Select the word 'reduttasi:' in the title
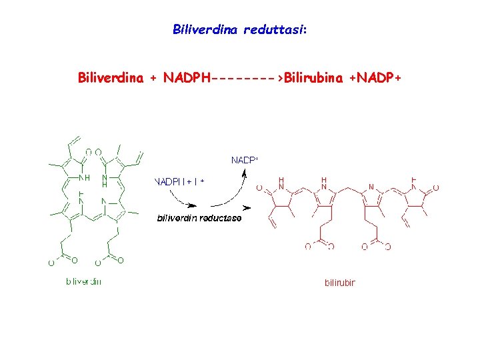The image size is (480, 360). coord(275,29)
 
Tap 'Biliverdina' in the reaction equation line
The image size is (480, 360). coord(111,78)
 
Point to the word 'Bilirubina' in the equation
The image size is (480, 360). coord(314,78)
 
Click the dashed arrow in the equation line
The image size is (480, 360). coord(247,78)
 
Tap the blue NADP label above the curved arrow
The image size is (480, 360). coord(244,160)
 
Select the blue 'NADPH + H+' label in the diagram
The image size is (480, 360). coord(179,181)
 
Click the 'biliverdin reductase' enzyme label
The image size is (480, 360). coord(199,217)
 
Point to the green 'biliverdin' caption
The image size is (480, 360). coord(83,281)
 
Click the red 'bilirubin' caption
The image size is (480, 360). coord(340,283)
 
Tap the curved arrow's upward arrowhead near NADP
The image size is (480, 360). coord(245,172)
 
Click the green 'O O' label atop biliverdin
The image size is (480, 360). coord(93,152)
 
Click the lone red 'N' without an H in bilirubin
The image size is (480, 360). coord(371,187)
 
